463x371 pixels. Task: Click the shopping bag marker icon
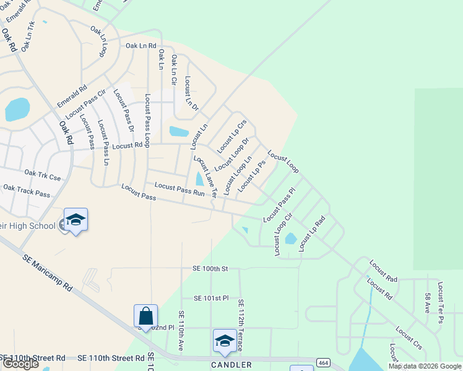click(146, 316)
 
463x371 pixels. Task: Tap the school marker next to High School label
click(76, 220)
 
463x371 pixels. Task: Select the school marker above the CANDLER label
click(224, 341)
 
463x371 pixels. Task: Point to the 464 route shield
click(322, 362)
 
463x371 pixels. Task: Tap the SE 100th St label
click(210, 269)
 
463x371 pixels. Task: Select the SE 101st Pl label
click(211, 298)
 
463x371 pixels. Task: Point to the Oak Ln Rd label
click(141, 46)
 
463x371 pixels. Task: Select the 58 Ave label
click(426, 302)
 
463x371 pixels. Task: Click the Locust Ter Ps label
click(440, 302)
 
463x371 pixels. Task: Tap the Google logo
click(20, 364)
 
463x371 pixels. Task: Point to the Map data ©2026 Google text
click(425, 366)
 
